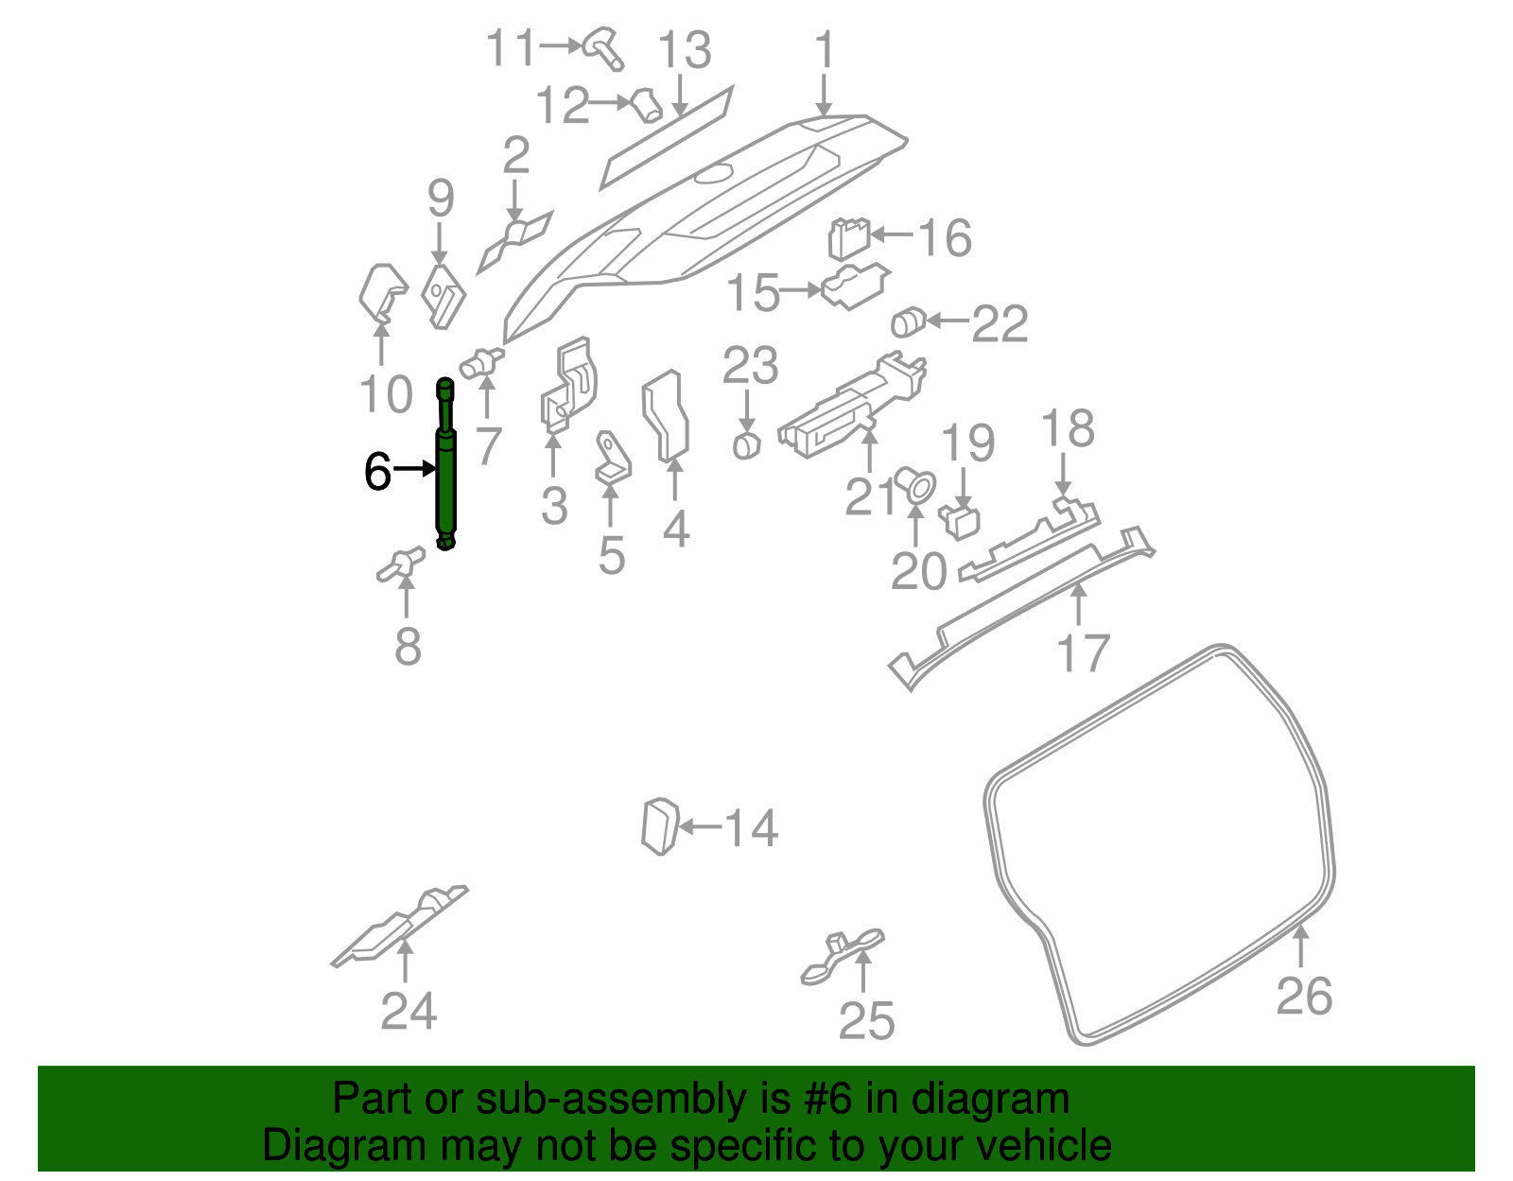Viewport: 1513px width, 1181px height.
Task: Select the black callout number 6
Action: pos(377,471)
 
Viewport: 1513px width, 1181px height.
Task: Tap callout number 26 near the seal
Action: pos(1304,996)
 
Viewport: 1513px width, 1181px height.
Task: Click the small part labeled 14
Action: pos(660,826)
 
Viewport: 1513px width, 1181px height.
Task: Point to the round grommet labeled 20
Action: pos(914,485)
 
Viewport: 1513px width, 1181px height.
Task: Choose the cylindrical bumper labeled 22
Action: pos(908,322)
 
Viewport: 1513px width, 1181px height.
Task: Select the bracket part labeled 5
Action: pos(612,460)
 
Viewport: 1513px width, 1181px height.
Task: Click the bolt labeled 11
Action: pos(603,47)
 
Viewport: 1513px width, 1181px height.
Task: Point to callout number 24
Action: pos(409,1011)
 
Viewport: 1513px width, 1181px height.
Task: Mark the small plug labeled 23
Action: pos(747,444)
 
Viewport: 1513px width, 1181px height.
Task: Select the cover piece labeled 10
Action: pos(382,292)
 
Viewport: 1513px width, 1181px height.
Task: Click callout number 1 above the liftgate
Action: pos(825,49)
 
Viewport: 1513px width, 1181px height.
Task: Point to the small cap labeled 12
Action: pos(648,105)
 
